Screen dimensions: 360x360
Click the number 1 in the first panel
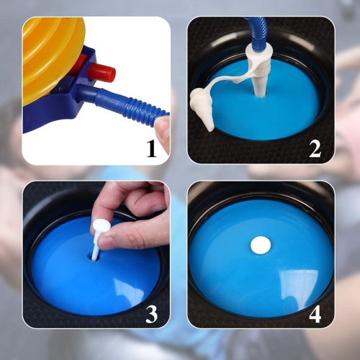pos(152,148)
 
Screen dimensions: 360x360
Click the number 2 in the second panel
pos(315,149)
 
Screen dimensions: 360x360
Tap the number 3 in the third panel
pos(152,314)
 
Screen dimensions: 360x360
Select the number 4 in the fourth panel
pos(315,314)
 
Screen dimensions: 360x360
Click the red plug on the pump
pos(102,72)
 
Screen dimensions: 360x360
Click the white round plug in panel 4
pos(261,246)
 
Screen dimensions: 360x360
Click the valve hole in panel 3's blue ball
pos(94,257)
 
